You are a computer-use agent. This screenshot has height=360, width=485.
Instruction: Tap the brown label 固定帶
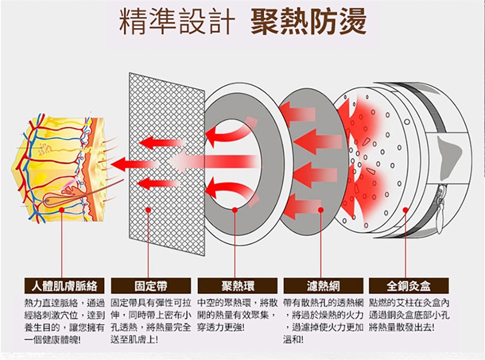tap(150, 286)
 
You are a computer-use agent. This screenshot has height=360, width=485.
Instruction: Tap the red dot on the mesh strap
tap(149, 210)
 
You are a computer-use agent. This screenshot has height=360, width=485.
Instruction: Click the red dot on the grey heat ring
tap(235, 210)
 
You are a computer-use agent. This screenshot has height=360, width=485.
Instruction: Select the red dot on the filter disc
tap(321, 210)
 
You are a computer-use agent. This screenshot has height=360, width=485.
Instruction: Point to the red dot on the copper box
tap(405, 210)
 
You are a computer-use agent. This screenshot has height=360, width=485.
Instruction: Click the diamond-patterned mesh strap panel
tap(167, 162)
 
